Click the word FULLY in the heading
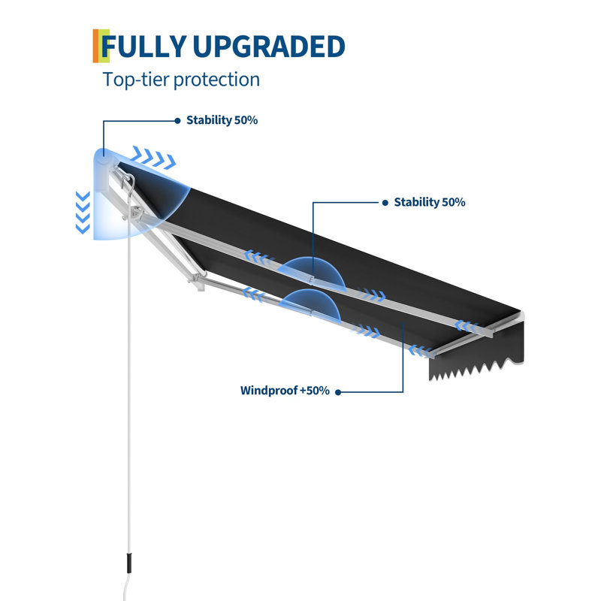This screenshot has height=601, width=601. pyautogui.click(x=143, y=47)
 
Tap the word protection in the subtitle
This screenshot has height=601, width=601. pyautogui.click(x=217, y=80)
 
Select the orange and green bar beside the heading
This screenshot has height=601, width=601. pyautogui.click(x=101, y=46)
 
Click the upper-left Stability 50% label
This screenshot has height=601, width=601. pyautogui.click(x=222, y=120)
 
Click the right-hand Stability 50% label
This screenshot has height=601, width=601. pyautogui.click(x=430, y=202)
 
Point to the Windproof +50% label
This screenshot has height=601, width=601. pyautogui.click(x=285, y=391)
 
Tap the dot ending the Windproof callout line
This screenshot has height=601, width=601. pyautogui.click(x=338, y=392)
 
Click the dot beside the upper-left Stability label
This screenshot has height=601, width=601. pyautogui.click(x=177, y=121)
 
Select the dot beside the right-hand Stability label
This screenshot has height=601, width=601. pyautogui.click(x=385, y=203)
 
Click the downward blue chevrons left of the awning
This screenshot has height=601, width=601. pyautogui.click(x=83, y=213)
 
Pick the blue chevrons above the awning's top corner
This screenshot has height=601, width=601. pyautogui.click(x=153, y=157)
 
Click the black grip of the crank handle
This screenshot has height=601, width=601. pyautogui.click(x=129, y=563)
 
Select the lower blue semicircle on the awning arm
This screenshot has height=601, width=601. pyautogui.click(x=310, y=305)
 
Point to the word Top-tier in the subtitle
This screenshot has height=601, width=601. pyautogui.click(x=136, y=80)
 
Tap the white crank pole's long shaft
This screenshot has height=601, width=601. pyautogui.click(x=128, y=383)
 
